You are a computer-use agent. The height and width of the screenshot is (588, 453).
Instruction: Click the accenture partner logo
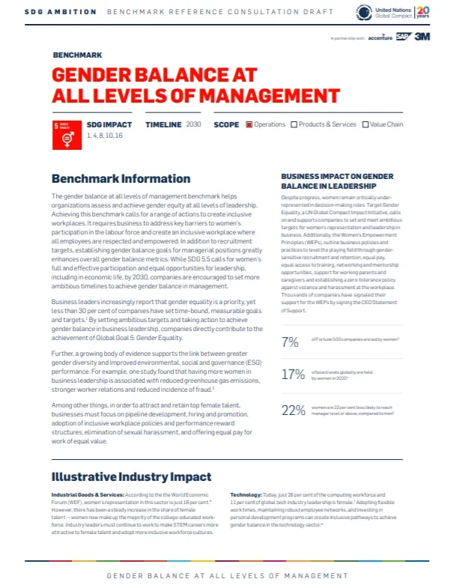point(380,37)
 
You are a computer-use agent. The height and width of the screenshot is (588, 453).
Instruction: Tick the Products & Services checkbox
point(294,124)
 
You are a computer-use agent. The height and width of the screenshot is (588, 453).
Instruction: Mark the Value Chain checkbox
point(365,124)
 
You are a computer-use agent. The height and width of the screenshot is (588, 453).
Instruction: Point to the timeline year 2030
point(194,124)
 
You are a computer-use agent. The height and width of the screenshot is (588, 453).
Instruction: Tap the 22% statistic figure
point(292,410)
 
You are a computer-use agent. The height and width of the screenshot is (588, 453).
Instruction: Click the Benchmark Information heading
point(120,179)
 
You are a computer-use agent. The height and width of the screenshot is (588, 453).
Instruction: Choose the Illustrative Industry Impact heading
point(131,476)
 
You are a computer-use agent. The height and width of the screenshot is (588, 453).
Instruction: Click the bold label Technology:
point(246,496)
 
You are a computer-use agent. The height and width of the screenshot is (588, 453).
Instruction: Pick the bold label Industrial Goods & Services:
point(84,496)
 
